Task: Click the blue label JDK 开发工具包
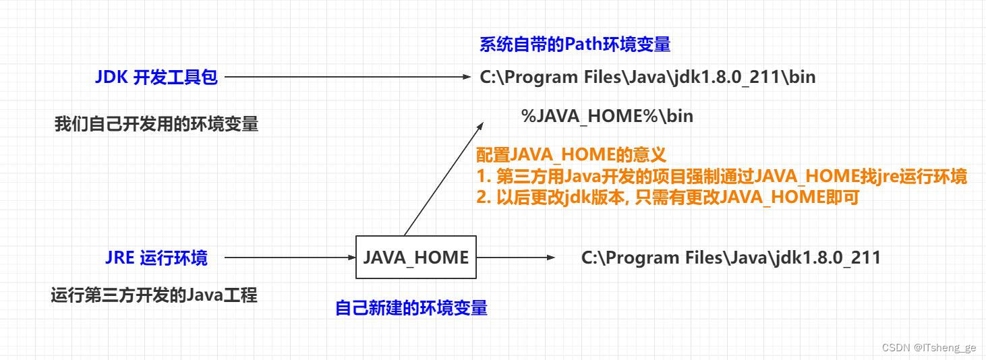pos(156,78)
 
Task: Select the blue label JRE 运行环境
pos(156,258)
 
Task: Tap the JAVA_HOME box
pos(415,258)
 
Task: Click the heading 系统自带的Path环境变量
pos(575,44)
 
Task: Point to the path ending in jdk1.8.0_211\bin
pos(647,78)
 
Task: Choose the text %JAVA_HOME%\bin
pos(607,116)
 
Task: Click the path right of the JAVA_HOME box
pos(730,258)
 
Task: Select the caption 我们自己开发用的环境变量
pos(156,125)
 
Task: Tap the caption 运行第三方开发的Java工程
pos(154,295)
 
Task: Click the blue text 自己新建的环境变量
pos(411,308)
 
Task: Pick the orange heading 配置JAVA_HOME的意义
pos(571,155)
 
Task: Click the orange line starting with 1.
pos(722,177)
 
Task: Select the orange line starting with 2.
pos(668,198)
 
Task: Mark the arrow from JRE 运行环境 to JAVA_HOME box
pos(290,258)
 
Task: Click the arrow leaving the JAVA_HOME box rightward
pos(515,258)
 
